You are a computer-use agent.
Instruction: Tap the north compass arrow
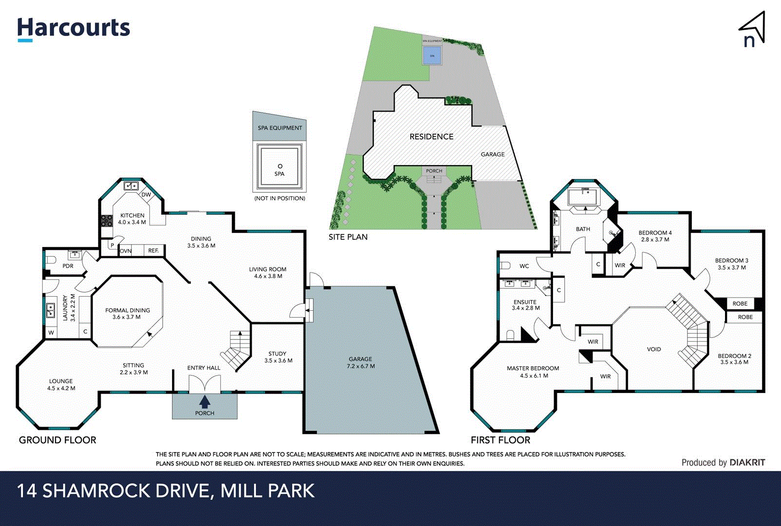click(x=753, y=30)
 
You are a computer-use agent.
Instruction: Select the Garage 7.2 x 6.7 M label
click(x=361, y=362)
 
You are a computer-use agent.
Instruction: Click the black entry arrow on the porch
click(x=205, y=401)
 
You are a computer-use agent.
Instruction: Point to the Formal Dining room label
click(x=128, y=313)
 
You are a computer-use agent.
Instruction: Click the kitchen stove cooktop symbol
click(x=107, y=221)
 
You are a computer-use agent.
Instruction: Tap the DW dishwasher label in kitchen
click(x=146, y=194)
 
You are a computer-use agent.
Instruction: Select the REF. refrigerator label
click(x=153, y=251)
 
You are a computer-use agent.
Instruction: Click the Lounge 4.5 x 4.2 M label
click(x=61, y=385)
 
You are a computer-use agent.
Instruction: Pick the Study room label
click(x=278, y=357)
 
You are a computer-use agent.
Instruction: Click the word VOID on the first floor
click(x=654, y=349)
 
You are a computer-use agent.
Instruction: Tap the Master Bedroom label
click(x=533, y=372)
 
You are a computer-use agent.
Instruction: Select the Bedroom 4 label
click(x=655, y=236)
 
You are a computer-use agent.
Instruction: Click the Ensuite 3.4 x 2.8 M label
click(x=525, y=305)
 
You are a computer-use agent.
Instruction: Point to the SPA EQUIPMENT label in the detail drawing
click(x=280, y=128)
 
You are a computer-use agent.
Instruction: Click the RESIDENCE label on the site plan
click(x=431, y=137)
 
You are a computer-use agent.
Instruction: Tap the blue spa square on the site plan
click(x=432, y=56)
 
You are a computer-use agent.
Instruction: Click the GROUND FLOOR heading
click(x=57, y=440)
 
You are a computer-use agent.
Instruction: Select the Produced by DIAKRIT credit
click(x=723, y=463)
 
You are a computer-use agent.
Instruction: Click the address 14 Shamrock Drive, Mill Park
click(x=166, y=490)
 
